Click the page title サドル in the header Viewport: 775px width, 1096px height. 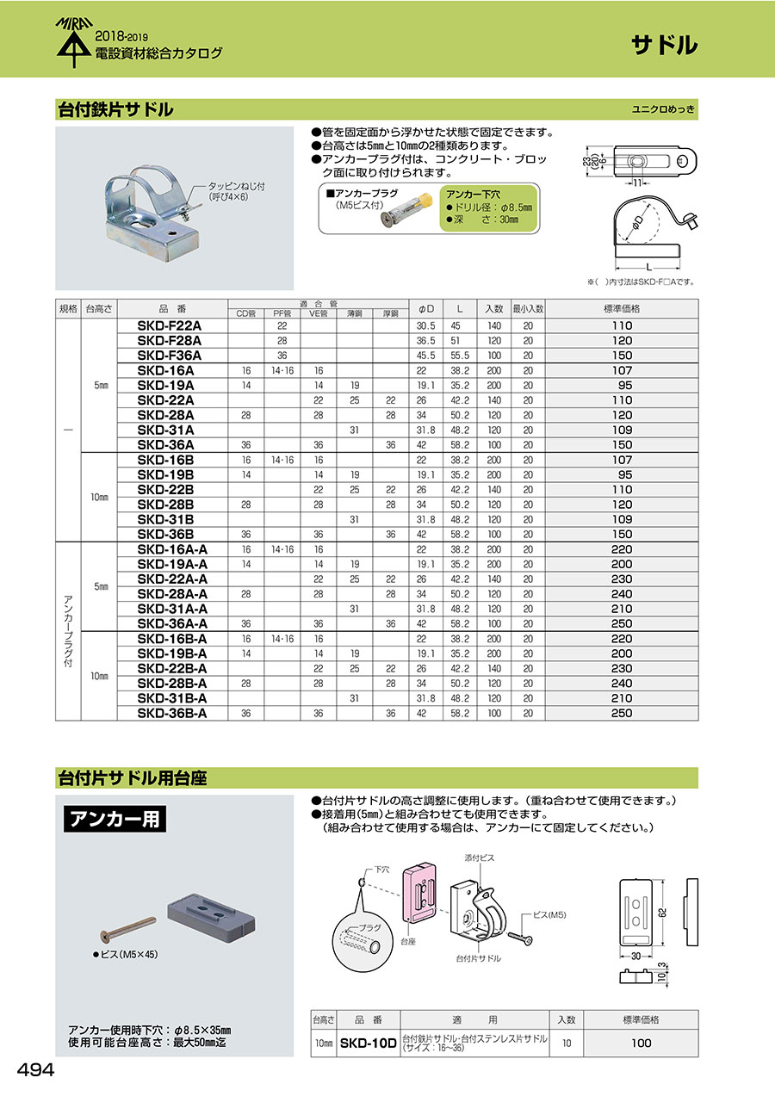[664, 46]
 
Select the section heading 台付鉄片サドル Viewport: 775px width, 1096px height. [115, 110]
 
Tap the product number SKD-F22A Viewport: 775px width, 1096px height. [169, 325]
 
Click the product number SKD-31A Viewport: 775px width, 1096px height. [165, 430]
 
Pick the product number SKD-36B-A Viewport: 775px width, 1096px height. [171, 713]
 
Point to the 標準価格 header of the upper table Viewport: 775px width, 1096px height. [622, 308]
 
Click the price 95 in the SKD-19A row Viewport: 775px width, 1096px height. [622, 385]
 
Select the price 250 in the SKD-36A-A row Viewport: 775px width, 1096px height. [622, 623]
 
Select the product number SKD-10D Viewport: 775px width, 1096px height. [367, 1043]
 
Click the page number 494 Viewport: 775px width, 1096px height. [36, 1069]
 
